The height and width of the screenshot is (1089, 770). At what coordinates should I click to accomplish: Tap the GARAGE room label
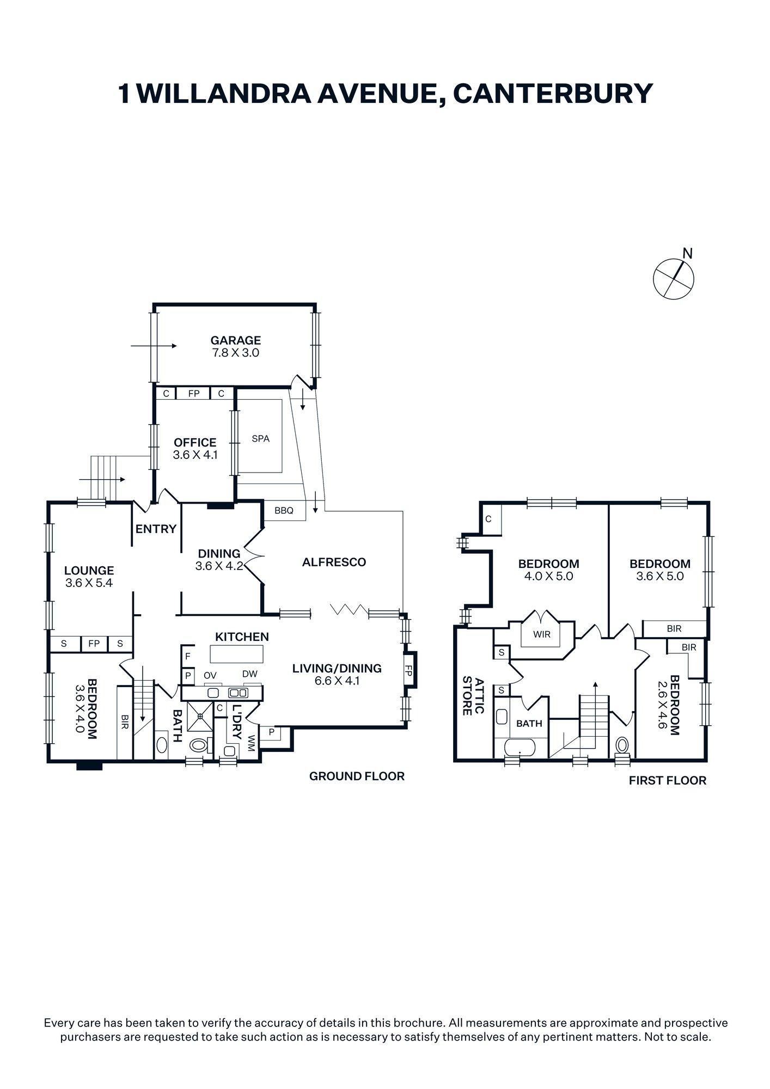(236, 340)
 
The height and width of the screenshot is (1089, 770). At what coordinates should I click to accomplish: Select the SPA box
(260, 438)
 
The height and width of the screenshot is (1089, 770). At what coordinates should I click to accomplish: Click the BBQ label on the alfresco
(284, 511)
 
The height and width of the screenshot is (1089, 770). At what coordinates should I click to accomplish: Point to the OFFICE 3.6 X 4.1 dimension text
(195, 455)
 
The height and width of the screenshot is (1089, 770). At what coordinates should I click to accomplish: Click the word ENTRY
(156, 529)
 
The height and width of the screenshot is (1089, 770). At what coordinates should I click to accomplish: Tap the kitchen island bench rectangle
(236, 653)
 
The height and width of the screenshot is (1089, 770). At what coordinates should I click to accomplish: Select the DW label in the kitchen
(250, 674)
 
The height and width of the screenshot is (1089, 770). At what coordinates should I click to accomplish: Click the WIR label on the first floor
(542, 634)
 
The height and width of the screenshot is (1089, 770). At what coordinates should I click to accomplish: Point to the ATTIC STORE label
(473, 696)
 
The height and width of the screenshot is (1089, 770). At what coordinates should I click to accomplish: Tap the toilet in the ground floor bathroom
(199, 744)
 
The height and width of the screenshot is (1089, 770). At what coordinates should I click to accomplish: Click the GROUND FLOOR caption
(357, 776)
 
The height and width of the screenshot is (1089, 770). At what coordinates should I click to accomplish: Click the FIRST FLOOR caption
(667, 781)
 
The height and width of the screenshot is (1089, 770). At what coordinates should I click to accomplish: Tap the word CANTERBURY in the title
(552, 93)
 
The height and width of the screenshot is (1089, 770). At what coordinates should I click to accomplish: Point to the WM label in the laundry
(251, 743)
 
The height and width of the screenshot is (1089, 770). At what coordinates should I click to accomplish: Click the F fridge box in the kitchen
(187, 657)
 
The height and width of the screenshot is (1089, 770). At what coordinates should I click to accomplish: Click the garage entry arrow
(154, 346)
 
